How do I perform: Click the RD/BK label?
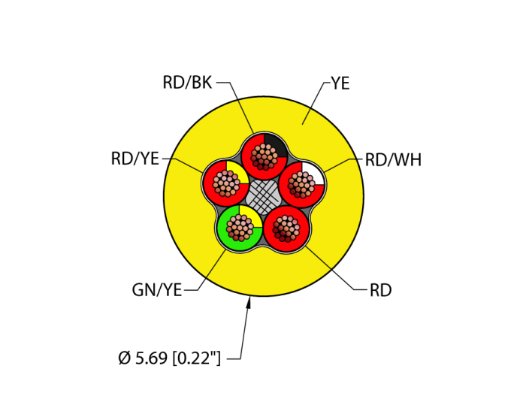187,82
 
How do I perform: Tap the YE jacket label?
340,83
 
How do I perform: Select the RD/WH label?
392,160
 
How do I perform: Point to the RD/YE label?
135,159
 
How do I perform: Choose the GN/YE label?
156,290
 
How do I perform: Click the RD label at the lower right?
380,290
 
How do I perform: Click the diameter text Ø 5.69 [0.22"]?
169,358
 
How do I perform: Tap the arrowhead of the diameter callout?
250,302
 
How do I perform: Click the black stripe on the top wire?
276,144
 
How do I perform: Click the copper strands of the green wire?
240,226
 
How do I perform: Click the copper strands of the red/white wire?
301,183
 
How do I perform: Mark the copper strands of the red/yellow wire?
225,183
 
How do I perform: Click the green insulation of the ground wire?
229,239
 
